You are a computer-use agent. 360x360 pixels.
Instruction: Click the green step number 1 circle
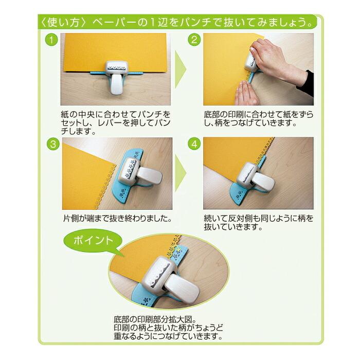(x=51, y=40)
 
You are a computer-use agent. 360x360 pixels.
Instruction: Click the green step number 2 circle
(x=194, y=40)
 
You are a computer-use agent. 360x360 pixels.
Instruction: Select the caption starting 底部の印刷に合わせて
(x=259, y=116)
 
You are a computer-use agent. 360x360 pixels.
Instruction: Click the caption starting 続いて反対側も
(x=259, y=223)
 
